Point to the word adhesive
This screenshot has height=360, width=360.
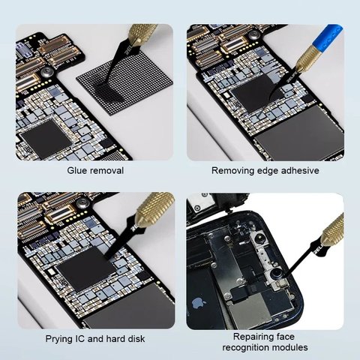tap(298, 170)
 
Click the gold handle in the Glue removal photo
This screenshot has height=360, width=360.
tap(142, 34)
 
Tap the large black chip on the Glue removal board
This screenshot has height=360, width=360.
tap(44, 139)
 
